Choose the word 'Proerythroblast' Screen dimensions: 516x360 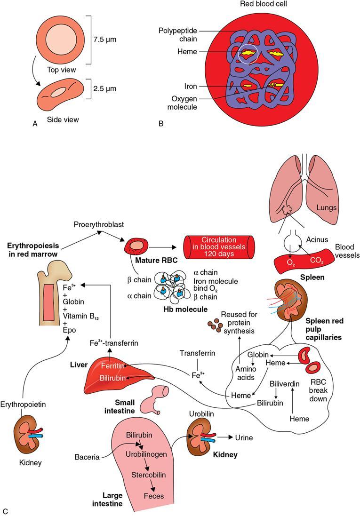(x=98, y=224)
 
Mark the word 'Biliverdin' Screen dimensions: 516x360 (x=285, y=384)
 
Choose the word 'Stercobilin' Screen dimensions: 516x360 (x=149, y=475)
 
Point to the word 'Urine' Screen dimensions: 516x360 (x=243, y=438)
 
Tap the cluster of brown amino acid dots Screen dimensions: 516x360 (x=215, y=325)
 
